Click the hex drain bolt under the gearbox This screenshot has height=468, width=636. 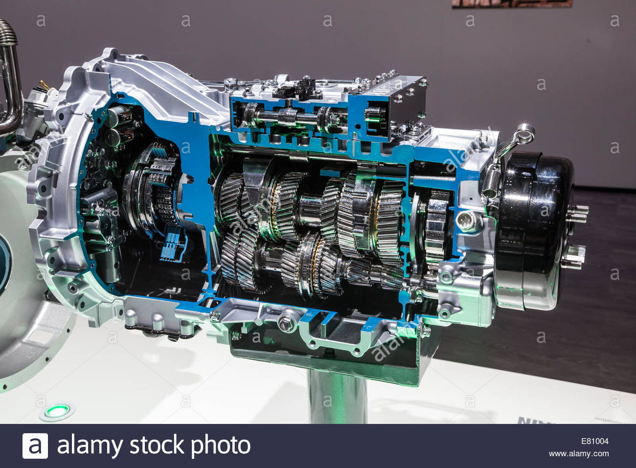285,323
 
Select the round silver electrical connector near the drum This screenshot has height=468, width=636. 464,220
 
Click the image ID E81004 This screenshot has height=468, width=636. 595,441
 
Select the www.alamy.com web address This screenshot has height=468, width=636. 579,454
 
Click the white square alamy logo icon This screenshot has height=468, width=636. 35,446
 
